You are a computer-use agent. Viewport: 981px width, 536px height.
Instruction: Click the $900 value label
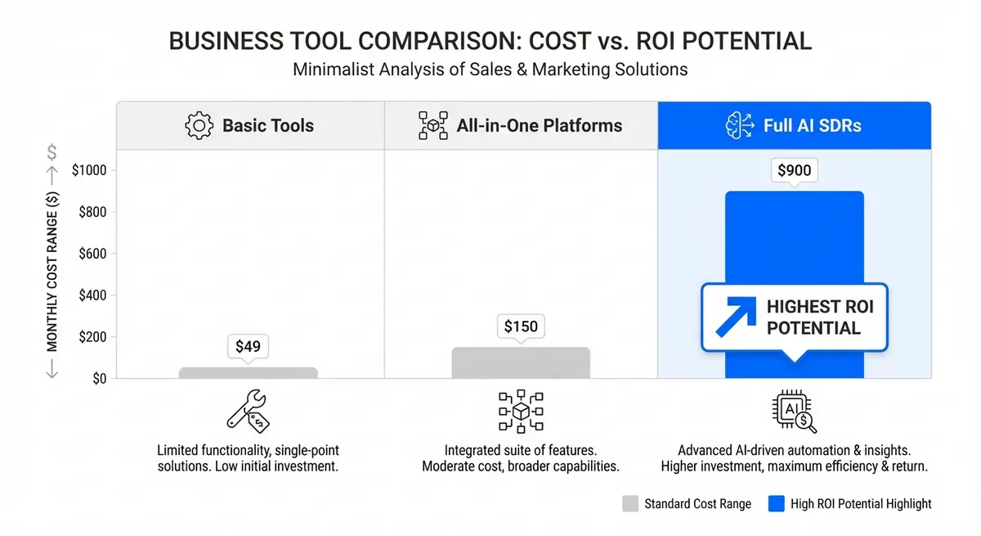(794, 171)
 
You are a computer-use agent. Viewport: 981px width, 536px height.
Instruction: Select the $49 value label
(248, 346)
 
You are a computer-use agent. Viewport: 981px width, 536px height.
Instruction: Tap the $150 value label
(521, 327)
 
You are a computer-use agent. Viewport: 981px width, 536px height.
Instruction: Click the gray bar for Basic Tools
(248, 372)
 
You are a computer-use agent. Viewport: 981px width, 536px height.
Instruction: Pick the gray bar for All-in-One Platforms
(521, 363)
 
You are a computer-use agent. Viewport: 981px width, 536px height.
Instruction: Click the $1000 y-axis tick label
(95, 170)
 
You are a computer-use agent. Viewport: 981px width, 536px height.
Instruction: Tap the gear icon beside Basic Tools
(199, 126)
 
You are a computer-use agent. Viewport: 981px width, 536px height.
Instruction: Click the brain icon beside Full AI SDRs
(739, 126)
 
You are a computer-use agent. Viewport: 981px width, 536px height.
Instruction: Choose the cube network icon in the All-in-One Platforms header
(432, 126)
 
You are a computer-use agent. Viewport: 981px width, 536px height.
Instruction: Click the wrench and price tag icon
(248, 411)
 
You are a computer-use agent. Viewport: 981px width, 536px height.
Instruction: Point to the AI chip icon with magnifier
(794, 411)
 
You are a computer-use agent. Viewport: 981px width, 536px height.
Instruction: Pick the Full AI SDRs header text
(813, 126)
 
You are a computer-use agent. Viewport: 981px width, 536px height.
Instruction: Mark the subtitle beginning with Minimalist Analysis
(490, 70)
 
